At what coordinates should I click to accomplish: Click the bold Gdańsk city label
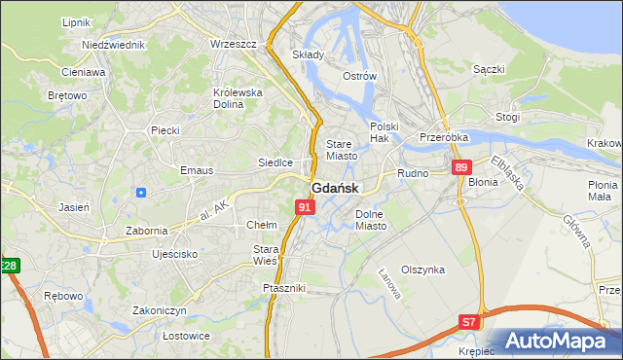click(x=335, y=188)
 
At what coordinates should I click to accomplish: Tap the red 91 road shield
click(x=305, y=207)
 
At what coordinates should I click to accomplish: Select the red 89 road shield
click(x=460, y=168)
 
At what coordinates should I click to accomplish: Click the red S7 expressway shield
click(x=469, y=321)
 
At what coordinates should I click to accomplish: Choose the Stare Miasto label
click(x=341, y=150)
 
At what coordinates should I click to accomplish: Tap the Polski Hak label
click(x=385, y=133)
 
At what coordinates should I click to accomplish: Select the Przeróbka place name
click(x=445, y=138)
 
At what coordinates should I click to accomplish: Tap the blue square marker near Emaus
click(x=142, y=192)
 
